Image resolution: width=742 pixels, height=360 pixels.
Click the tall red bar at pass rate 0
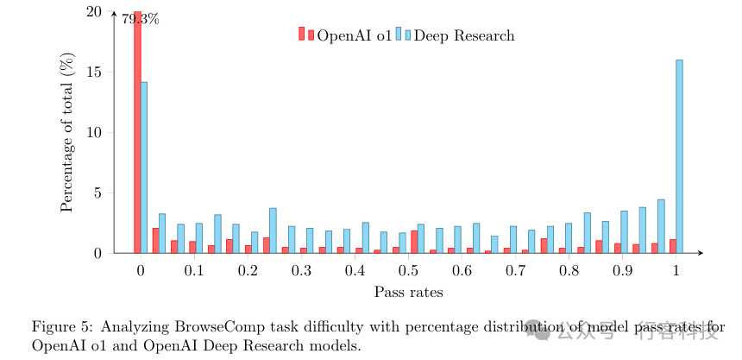coord(137,129)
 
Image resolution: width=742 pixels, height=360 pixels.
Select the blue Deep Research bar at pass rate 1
coord(680,156)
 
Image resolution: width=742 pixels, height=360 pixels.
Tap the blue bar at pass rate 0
coord(144,167)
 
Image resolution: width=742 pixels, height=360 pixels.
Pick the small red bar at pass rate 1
coord(673,246)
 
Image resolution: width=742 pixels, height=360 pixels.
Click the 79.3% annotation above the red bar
coord(141,18)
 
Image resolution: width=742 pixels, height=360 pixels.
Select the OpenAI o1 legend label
coord(354,35)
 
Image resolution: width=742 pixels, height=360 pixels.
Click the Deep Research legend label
coord(464,35)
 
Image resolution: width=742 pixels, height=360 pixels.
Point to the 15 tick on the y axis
coord(96,73)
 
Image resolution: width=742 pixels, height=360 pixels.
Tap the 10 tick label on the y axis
coord(96,133)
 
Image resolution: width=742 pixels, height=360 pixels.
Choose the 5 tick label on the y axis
coord(99,193)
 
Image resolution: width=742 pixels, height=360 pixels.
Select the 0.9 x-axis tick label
coord(623,271)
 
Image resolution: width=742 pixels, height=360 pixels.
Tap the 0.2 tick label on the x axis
coord(248,271)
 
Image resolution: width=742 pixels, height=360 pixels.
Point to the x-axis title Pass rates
coord(409,292)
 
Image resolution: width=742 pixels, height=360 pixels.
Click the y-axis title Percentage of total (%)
coord(67,132)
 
